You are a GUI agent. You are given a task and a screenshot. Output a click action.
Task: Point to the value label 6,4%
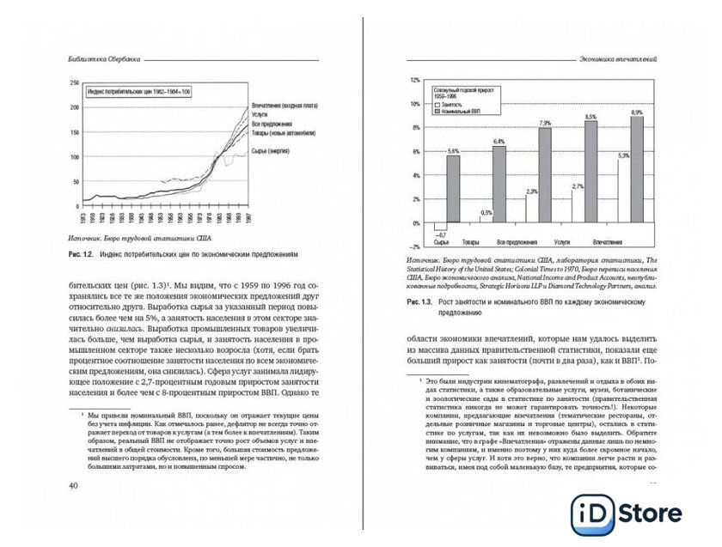click(x=499, y=140)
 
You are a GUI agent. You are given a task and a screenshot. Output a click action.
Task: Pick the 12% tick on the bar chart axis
click(x=414, y=79)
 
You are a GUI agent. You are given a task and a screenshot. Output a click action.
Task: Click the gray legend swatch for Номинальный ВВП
click(x=437, y=112)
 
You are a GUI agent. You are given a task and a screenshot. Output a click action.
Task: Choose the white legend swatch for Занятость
click(x=437, y=104)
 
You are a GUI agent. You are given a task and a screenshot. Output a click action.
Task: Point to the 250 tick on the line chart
click(x=74, y=83)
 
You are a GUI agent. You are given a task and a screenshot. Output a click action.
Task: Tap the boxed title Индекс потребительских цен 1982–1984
click(x=138, y=90)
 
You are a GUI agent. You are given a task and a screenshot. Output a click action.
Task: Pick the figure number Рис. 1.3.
click(x=420, y=304)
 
